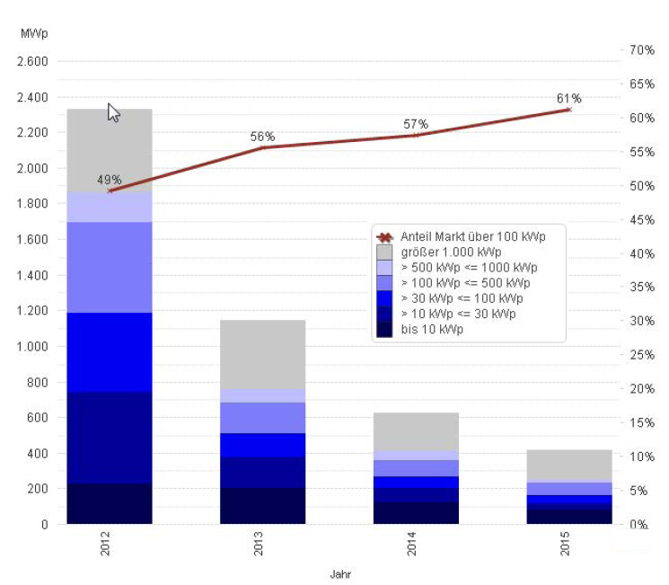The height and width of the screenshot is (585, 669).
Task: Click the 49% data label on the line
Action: click(110, 180)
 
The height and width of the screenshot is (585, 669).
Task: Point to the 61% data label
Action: click(568, 99)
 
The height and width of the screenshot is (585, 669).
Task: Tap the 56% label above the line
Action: click(262, 137)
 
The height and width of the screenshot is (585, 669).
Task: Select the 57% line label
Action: click(416, 124)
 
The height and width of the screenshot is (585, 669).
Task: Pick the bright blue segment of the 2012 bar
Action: click(110, 352)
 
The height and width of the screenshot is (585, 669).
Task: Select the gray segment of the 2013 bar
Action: click(262, 354)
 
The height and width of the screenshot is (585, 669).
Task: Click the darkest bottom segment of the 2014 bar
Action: click(416, 512)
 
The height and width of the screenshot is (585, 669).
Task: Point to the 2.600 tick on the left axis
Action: click(31, 62)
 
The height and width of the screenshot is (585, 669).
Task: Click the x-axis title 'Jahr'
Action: click(339, 572)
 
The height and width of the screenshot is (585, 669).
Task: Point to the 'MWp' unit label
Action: click(33, 33)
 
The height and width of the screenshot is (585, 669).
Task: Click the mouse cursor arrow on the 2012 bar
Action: click(113, 112)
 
